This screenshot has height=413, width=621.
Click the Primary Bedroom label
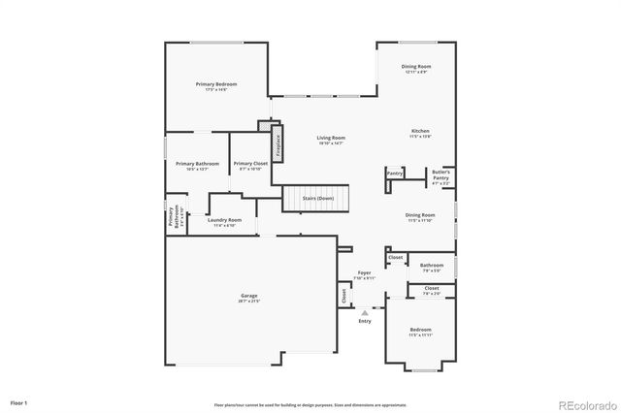(215, 84)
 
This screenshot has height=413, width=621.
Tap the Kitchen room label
(420, 131)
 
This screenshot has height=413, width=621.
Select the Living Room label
(331, 138)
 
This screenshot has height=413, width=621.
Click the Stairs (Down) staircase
(311, 198)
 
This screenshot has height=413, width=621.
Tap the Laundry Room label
(224, 220)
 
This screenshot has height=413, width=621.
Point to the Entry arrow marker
(365, 312)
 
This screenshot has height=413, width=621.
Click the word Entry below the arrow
(365, 321)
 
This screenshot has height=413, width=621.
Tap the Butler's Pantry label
(441, 175)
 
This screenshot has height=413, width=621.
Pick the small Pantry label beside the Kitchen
(395, 173)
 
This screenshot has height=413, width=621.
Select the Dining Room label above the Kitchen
(416, 67)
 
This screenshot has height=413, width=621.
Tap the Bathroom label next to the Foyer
(431, 265)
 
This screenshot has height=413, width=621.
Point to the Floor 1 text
(18, 401)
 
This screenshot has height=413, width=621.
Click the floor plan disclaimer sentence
(310, 403)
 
